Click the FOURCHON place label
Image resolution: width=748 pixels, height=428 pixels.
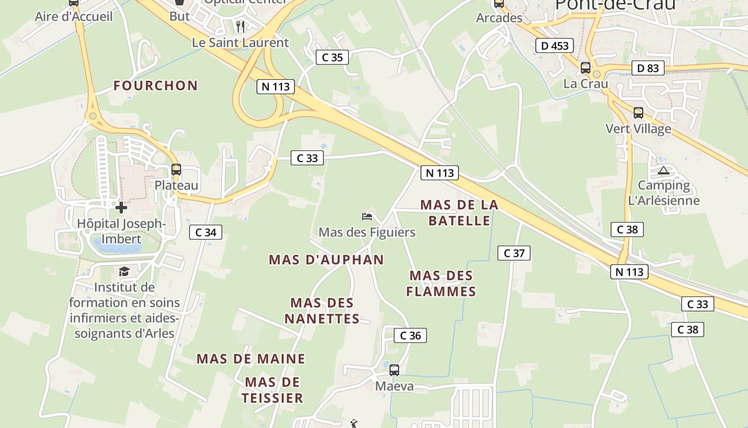(155, 86)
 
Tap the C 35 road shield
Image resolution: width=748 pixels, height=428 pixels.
(332, 57)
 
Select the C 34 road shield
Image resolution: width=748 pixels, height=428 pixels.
(206, 232)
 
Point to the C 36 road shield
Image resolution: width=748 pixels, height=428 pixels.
(410, 335)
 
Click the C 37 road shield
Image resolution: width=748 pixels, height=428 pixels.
(514, 253)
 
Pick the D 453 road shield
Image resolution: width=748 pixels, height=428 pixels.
(555, 46)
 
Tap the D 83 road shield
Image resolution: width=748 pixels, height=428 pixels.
(648, 68)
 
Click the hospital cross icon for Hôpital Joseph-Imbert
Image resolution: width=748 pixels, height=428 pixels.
(121, 207)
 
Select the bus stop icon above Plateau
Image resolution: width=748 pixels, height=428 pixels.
(176, 170)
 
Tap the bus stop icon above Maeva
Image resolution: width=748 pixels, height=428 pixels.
(394, 370)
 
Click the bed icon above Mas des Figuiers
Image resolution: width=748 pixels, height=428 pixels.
(367, 216)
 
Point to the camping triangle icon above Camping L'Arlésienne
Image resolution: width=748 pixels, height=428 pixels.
(664, 171)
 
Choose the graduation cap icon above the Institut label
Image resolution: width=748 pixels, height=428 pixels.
(124, 272)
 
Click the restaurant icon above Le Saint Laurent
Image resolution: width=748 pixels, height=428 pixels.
(240, 26)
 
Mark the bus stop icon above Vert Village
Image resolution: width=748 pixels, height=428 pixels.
(638, 113)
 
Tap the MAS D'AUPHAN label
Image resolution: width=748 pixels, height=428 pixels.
(326, 260)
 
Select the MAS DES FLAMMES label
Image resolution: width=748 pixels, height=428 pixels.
(441, 284)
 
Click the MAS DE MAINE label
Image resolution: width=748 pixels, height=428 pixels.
(251, 358)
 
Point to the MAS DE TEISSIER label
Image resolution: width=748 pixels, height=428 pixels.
(272, 390)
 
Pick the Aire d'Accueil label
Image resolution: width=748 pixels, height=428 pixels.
(74, 17)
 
